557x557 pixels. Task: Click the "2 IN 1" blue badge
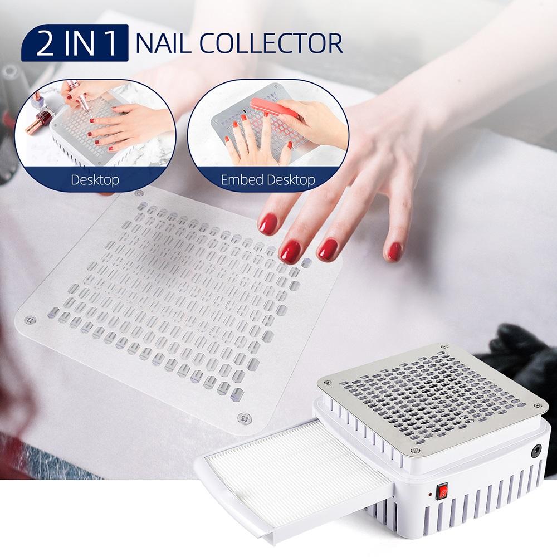point(74,43)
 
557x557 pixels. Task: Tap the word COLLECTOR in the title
point(278,43)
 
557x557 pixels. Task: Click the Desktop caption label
point(94,180)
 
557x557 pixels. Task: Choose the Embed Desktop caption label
point(267,180)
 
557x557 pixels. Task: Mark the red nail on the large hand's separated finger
point(395,251)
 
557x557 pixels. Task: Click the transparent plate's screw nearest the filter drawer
point(242,418)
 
